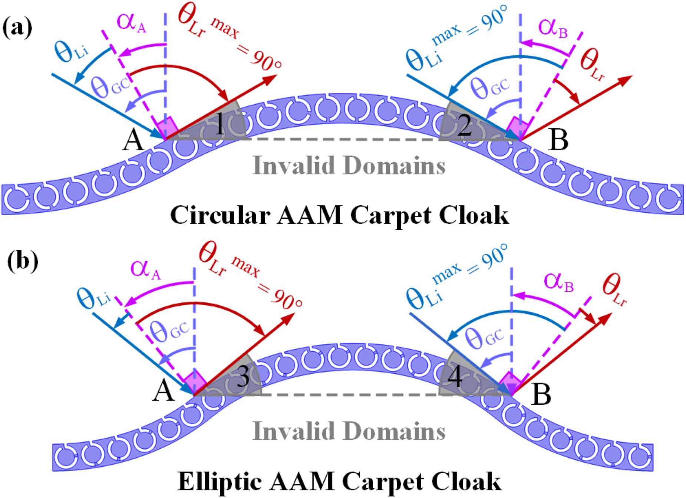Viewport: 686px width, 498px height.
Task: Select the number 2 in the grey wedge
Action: coord(464,126)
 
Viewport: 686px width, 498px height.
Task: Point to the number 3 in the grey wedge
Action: coord(243,377)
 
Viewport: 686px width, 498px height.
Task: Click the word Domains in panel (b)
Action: coord(395,431)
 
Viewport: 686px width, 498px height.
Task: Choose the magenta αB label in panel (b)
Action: coord(558,282)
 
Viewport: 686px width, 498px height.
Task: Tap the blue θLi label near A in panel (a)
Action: coord(72,52)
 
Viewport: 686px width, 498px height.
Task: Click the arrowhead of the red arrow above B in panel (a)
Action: coord(627,79)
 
